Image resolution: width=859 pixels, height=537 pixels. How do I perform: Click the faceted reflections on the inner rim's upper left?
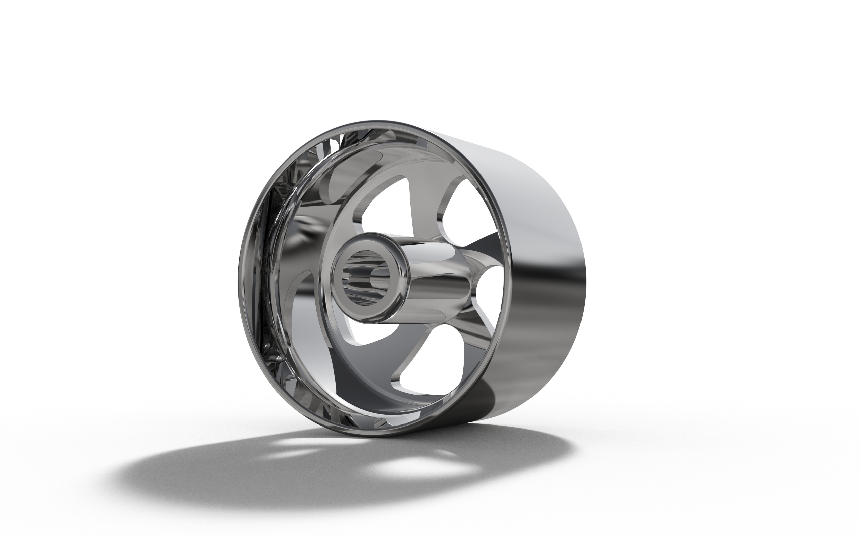284,178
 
